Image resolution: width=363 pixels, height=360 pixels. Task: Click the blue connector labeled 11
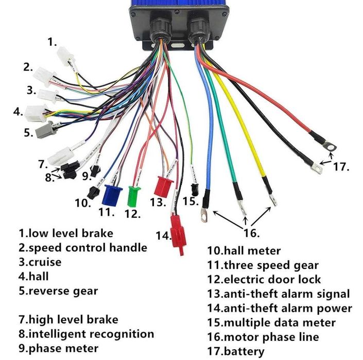coord(111,195)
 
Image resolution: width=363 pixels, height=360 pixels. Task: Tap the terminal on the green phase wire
coord(240,205)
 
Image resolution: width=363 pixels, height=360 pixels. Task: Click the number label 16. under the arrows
coord(251,233)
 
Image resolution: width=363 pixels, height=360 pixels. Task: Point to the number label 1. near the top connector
coord(53,43)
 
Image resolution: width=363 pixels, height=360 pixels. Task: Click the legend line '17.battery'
coord(236,352)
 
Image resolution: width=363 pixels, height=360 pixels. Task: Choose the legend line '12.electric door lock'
coord(264,280)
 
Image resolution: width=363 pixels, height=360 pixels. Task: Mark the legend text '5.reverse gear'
coord(58,290)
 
